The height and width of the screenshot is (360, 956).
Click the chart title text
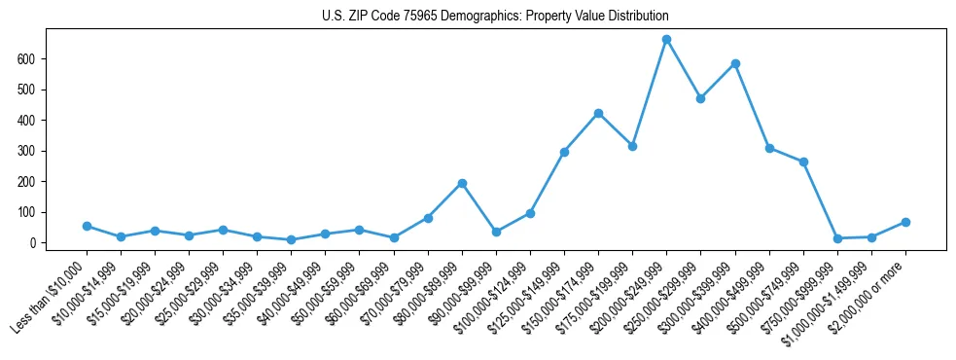495,17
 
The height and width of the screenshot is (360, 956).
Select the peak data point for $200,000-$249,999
666,39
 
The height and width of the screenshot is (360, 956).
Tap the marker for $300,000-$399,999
735,63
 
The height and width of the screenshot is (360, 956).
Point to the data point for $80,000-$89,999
462,183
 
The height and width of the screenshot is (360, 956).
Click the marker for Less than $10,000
87,226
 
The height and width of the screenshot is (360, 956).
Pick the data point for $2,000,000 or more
905,222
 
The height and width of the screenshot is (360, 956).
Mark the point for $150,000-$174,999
598,113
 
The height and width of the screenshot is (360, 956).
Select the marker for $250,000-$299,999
700,98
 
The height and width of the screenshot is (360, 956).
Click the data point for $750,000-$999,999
837,238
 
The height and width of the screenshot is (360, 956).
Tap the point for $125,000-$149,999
564,152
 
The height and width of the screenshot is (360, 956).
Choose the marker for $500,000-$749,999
803,162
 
